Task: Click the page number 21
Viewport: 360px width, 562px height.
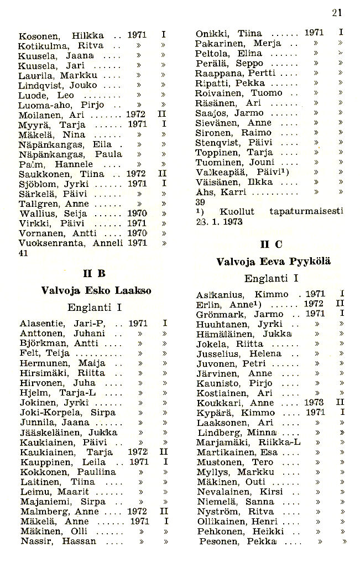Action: click(x=336, y=13)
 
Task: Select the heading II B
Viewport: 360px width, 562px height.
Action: click(x=94, y=273)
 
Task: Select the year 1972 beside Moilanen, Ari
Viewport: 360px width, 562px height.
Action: click(x=136, y=115)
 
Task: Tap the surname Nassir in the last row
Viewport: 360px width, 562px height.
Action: click(x=36, y=542)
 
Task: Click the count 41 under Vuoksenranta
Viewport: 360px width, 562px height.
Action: click(x=24, y=252)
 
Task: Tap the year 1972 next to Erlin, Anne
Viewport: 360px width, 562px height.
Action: click(x=314, y=304)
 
